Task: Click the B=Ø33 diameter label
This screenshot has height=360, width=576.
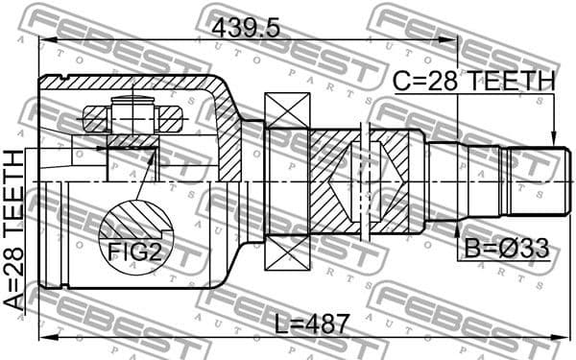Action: coord(507,249)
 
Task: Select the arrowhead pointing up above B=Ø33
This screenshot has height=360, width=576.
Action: coord(457,225)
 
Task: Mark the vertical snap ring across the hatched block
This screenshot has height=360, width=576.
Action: coord(364,180)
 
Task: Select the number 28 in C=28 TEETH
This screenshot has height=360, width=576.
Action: coord(447,82)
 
